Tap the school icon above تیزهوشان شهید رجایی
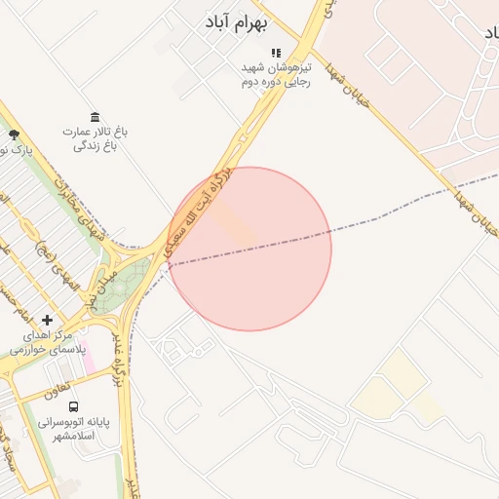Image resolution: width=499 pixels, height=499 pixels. (276, 53)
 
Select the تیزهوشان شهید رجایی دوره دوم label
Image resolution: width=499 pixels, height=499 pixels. (276, 75)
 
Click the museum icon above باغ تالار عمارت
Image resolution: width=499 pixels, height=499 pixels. (95, 117)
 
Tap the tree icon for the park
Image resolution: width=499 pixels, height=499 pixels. (13, 134)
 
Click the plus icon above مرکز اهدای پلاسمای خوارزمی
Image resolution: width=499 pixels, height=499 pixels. (48, 320)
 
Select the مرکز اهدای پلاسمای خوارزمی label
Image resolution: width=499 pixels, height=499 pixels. (48, 341)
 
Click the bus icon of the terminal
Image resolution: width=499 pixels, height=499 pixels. (74, 406)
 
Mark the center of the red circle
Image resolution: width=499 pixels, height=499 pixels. (249, 249)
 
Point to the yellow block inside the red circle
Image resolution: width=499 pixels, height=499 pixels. (235, 224)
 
